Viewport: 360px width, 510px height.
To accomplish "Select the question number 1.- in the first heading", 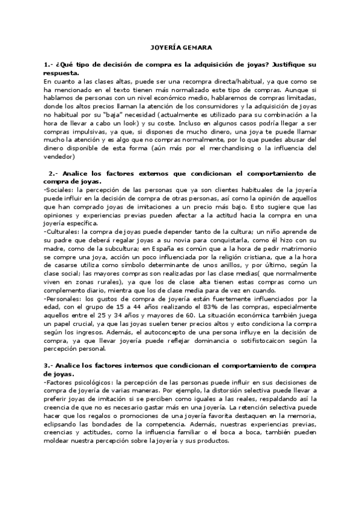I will pyautogui.click(x=50, y=63).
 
